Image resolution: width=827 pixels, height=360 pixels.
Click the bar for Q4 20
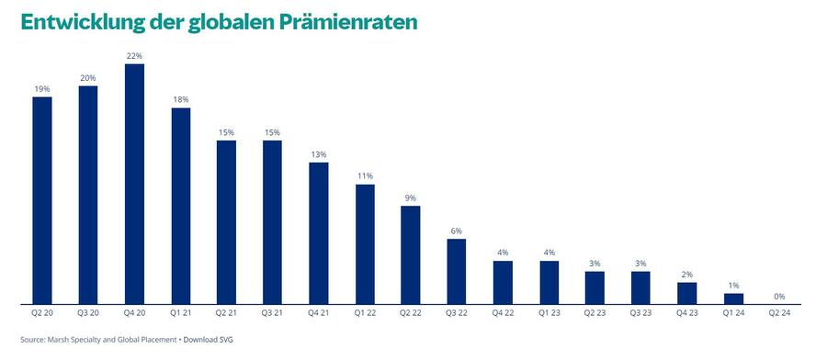point(134,184)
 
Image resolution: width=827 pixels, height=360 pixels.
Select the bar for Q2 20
point(42,200)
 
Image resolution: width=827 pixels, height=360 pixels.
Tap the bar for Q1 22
point(365,243)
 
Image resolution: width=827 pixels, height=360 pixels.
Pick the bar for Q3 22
point(457,271)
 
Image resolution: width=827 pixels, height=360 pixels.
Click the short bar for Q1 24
point(733,298)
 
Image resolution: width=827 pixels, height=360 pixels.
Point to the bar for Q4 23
point(687,293)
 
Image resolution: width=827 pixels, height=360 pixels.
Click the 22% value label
point(134,56)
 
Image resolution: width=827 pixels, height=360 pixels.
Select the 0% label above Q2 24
point(779,296)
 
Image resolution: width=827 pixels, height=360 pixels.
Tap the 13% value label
point(319,154)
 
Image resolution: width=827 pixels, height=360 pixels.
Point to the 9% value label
point(411,197)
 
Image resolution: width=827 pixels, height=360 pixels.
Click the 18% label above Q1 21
point(180,100)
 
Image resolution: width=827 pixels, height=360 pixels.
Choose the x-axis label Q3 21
point(273,314)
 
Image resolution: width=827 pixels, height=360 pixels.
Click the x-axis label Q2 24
point(779,314)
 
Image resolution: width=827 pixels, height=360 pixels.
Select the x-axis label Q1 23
point(549,314)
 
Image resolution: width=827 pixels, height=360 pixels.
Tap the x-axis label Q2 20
point(42,314)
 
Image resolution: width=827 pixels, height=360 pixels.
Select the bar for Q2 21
point(227,221)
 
